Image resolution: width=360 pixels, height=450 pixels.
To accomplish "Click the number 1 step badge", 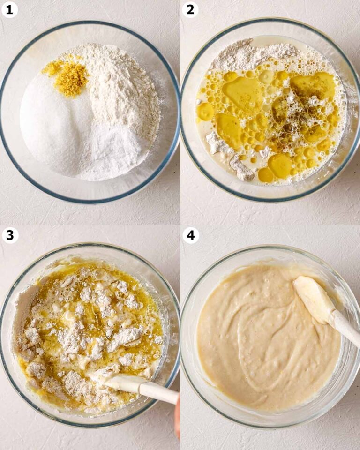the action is [x=9, y=9].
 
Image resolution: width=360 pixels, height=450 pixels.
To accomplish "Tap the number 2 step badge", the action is [x=190, y=9].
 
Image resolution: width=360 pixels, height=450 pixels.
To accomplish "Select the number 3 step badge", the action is [x=10, y=235].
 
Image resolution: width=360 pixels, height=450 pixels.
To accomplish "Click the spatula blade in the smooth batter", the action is [x=315, y=299].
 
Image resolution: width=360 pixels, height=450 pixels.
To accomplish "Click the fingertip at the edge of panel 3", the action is [x=177, y=416].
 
